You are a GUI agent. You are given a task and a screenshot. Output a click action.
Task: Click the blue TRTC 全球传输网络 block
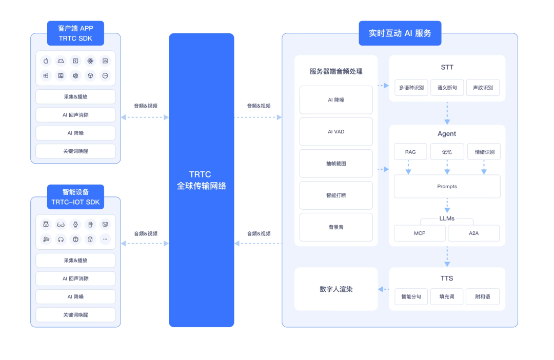click(201, 180)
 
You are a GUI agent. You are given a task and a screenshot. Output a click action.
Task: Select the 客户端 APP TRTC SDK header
click(75, 33)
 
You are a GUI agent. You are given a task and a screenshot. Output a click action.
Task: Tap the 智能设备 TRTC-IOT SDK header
click(75, 197)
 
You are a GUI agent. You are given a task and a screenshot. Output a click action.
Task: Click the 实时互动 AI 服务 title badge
click(400, 33)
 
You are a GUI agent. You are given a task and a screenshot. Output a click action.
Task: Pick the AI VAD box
click(336, 132)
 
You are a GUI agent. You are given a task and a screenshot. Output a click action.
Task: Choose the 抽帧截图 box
click(336, 164)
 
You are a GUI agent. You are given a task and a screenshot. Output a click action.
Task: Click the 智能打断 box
click(336, 195)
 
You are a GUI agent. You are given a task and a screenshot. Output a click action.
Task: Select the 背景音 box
click(336, 227)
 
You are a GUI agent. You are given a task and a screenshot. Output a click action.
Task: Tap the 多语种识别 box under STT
click(411, 88)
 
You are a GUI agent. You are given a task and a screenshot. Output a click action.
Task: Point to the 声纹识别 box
click(483, 88)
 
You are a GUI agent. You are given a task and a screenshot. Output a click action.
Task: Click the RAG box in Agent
click(410, 152)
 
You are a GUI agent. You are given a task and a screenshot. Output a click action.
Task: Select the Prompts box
click(447, 186)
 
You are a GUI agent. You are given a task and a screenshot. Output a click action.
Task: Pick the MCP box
click(420, 233)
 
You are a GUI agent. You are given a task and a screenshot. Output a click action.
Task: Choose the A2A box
click(473, 233)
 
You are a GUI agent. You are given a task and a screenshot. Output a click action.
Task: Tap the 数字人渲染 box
click(336, 289)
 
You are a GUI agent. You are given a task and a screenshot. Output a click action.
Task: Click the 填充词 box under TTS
click(447, 297)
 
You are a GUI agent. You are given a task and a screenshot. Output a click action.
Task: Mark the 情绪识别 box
click(484, 152)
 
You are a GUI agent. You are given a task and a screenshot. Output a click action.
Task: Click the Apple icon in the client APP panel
click(46, 61)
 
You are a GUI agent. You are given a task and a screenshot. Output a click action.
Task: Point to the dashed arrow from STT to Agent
click(447, 113)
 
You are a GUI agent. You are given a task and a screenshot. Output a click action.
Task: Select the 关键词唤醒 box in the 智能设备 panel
click(75, 315)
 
